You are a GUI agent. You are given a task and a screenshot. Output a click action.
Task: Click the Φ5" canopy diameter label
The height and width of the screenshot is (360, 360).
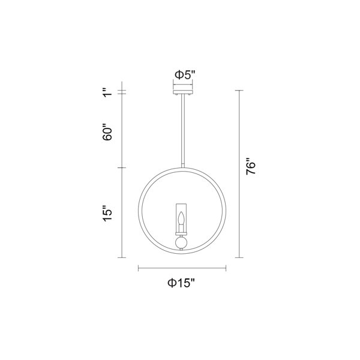pos(185,75)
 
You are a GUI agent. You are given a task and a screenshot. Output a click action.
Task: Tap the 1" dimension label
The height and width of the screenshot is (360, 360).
pos(107,92)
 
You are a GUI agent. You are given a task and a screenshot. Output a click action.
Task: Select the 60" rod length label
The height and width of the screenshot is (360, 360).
pos(107,133)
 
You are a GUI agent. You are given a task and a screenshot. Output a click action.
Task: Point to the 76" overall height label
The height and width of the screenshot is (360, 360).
pos(250,167)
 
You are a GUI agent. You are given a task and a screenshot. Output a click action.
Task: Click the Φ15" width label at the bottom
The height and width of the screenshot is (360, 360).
pos(181,283)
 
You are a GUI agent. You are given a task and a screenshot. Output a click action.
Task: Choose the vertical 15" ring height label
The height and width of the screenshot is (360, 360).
pos(107,213)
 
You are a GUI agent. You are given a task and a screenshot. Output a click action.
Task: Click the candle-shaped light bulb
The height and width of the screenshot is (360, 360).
pos(181,218)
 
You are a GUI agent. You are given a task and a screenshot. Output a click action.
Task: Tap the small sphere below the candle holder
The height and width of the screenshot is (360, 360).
pos(182,243)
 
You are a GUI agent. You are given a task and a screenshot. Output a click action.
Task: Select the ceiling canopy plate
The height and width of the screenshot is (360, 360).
pos(183,92)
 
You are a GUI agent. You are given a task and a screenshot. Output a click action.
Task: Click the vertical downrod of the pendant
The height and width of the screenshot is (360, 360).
pos(183,131)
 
